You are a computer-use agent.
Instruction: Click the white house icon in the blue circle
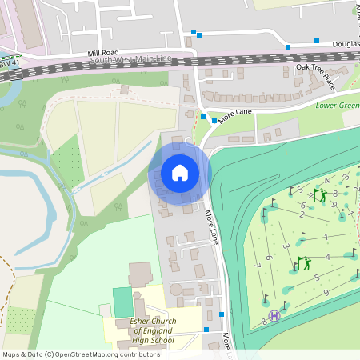click(179, 172)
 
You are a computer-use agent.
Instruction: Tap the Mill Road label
click(103, 53)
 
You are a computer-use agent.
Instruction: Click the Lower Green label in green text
click(337, 105)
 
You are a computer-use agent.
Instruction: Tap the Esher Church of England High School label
click(152, 330)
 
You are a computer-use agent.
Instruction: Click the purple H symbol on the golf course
click(275, 315)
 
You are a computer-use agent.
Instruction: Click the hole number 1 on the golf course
click(326, 238)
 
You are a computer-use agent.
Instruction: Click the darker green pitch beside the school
click(121, 302)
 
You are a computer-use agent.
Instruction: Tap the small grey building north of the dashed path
click(123, 90)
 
